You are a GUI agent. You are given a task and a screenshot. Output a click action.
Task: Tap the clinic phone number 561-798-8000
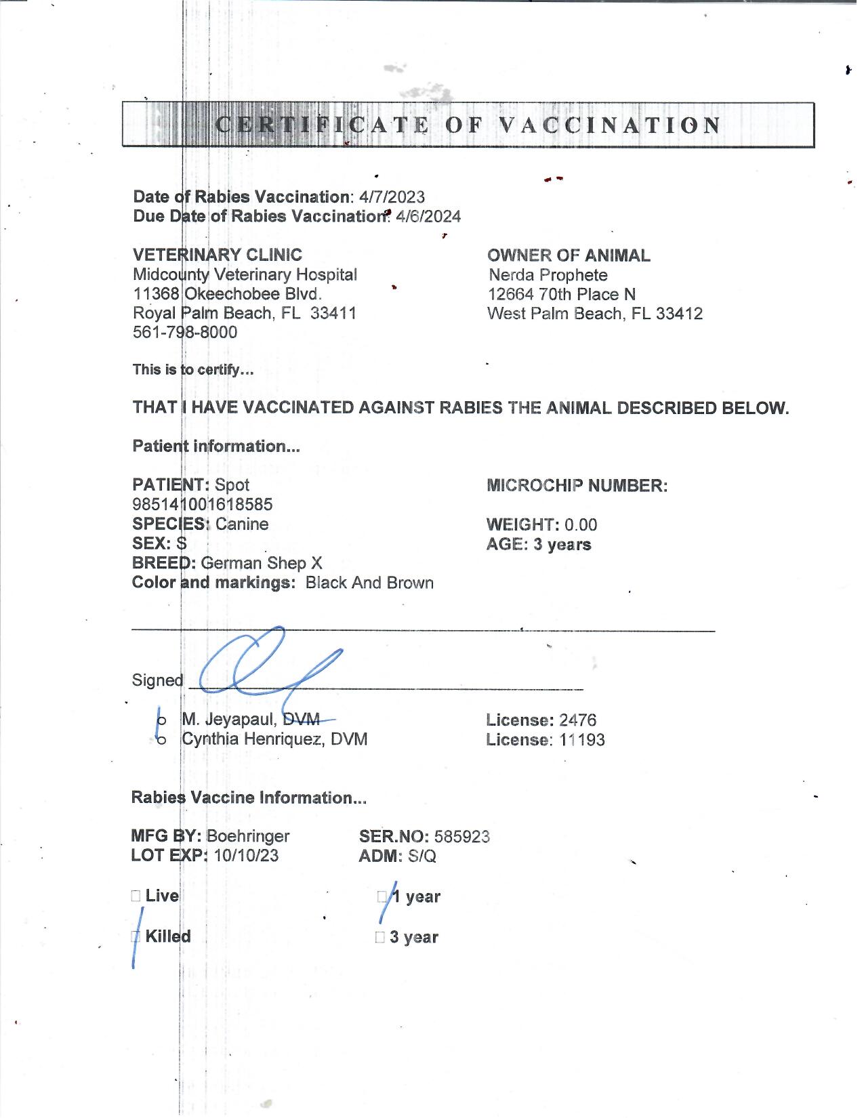pyautogui.click(x=185, y=333)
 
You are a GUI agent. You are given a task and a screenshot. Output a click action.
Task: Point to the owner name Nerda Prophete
pyautogui.click(x=548, y=275)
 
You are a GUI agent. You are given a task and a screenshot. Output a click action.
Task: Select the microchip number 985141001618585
pyautogui.click(x=203, y=505)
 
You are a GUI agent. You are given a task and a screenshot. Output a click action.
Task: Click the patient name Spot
pyautogui.click(x=232, y=485)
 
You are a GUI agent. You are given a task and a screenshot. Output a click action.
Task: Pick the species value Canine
pyautogui.click(x=242, y=524)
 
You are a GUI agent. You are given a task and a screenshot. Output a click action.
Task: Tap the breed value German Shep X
pyautogui.click(x=262, y=563)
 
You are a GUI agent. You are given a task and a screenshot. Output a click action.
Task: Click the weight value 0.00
pyautogui.click(x=581, y=525)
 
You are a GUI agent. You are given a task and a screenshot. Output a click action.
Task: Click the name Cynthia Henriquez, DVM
pyautogui.click(x=274, y=739)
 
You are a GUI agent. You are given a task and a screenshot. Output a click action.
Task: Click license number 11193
pyautogui.click(x=582, y=740)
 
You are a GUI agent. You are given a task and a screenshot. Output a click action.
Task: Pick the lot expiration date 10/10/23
pyautogui.click(x=246, y=856)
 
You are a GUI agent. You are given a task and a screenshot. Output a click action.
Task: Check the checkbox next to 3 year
pyautogui.click(x=379, y=938)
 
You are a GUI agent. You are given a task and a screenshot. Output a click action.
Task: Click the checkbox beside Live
pyautogui.click(x=136, y=896)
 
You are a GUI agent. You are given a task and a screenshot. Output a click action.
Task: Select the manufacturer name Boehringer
pyautogui.click(x=248, y=837)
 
